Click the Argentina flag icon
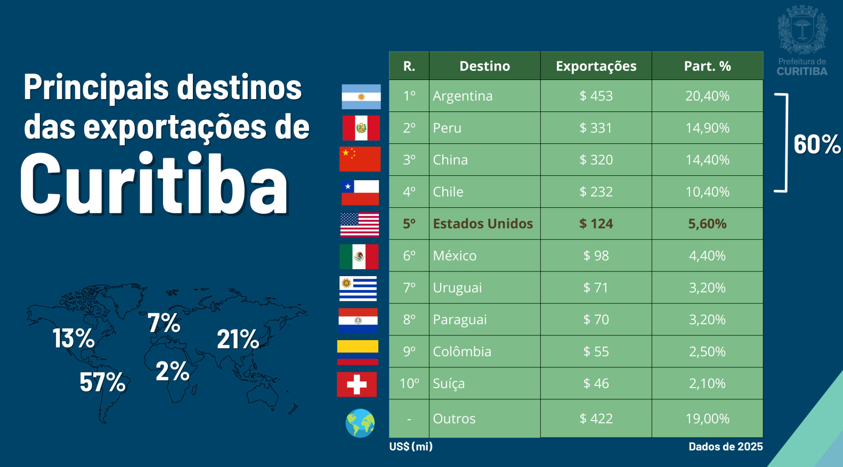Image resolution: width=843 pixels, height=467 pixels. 361,96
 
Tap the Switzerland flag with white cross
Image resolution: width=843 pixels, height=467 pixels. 356,384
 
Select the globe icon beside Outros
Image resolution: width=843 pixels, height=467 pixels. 360,423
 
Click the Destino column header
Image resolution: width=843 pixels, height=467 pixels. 484,66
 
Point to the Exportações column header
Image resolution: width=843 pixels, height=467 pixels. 596,66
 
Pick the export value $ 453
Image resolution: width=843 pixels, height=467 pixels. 596,96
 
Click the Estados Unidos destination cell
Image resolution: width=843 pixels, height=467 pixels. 483,224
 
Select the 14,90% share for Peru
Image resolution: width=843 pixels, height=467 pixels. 707,128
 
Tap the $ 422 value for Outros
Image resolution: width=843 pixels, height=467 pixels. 596,418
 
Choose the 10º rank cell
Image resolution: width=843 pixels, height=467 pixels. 409,384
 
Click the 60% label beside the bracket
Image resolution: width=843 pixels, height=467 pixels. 816,144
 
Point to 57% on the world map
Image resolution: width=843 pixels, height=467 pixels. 102,382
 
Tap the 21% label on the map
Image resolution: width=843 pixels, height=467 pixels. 238,339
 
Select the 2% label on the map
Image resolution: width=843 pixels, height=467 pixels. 172,372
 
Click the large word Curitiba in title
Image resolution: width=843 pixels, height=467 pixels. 154,184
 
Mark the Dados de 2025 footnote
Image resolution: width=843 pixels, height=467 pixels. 725,447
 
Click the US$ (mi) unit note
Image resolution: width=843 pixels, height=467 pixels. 411,447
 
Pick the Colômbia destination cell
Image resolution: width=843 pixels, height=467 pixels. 462,352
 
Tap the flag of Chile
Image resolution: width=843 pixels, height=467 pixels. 360,192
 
